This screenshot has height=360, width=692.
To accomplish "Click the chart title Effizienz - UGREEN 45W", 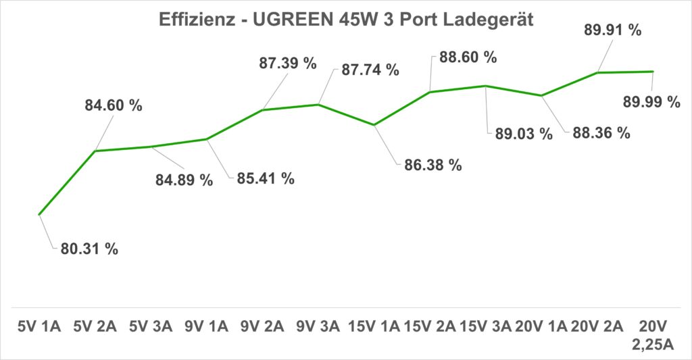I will coord(346,20).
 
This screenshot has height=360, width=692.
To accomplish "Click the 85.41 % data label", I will coord(266,179).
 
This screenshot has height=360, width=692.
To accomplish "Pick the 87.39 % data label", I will coord(288,63).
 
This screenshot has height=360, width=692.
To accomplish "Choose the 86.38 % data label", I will coord(432,165).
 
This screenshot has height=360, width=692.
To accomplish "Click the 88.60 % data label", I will coord(468,57).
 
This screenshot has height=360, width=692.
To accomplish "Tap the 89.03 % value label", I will coord(524,133).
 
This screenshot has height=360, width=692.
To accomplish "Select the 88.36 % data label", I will coord(601,132).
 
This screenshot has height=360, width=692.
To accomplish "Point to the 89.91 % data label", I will coord(613,30).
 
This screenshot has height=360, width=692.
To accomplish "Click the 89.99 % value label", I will coord(651,102).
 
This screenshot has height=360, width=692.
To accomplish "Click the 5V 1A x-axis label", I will coord(39,327).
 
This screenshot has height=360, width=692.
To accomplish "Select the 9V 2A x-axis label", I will coord(262,327).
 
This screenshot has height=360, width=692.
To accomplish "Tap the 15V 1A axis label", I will coord(374,327).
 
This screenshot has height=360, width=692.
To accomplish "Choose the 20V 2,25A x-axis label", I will coord(653,336).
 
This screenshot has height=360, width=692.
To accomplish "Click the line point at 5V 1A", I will coord(39,215).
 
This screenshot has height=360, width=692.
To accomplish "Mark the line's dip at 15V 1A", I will coord(374,125).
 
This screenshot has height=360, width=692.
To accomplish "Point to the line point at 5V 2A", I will coord(95,151).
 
